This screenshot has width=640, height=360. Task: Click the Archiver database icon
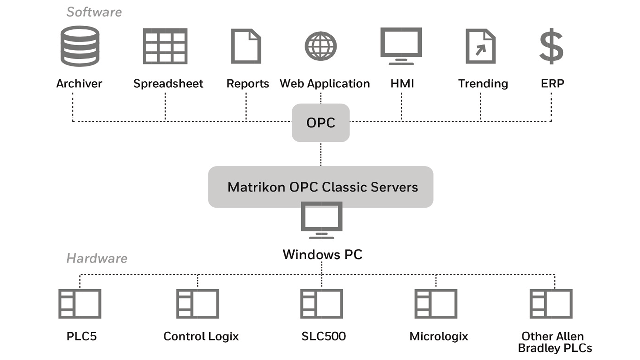[x=80, y=46]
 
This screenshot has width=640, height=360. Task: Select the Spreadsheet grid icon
[x=165, y=46]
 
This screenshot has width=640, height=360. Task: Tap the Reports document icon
[x=246, y=46]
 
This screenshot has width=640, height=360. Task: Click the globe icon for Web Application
[x=321, y=46]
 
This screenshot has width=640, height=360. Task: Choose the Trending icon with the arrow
[x=480, y=46]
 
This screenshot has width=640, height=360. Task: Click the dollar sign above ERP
[x=551, y=46]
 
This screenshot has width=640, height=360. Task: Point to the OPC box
[x=321, y=122]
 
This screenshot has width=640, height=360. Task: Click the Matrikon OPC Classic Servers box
[x=321, y=187]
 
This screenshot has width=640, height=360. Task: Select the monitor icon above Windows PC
[x=322, y=220]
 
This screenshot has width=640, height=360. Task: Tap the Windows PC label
[x=322, y=254]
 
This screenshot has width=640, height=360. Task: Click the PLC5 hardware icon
[x=80, y=304]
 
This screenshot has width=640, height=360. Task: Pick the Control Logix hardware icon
[x=198, y=304]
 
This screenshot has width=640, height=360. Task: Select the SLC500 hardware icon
[x=322, y=304]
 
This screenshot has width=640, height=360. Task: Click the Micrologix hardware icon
[x=436, y=304]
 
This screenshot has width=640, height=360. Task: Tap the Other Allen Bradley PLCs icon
[x=551, y=304]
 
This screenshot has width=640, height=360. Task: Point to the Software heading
[x=94, y=11]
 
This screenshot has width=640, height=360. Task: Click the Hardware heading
[x=97, y=258]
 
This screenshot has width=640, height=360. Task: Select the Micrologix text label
[x=439, y=336]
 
